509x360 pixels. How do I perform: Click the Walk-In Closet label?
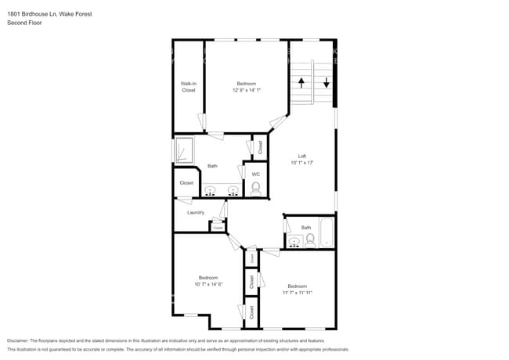[x=189, y=87]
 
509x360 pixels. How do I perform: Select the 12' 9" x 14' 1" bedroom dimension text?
[x=246, y=91]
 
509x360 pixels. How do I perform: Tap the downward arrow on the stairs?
[x=327, y=81]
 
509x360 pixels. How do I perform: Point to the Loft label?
[x=301, y=156]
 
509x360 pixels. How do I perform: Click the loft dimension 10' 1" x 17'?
[x=301, y=163]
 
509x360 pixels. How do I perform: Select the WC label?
[x=255, y=173]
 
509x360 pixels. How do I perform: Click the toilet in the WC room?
[x=255, y=188]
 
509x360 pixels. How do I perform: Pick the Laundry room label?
[x=196, y=213]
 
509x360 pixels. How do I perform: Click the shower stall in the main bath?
[x=184, y=149]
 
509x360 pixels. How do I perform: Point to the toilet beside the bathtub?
[x=309, y=239]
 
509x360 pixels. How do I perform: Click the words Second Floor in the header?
[x=24, y=23]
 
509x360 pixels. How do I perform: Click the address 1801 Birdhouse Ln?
[x=32, y=13]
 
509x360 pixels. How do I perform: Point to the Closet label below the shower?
[x=186, y=183]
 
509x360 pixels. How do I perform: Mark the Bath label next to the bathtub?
[x=306, y=228]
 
